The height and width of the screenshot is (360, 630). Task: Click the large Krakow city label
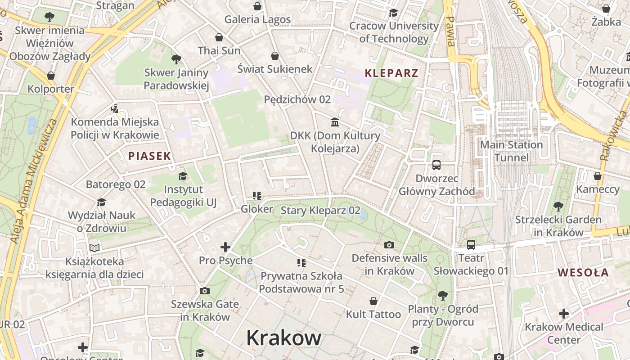click(x=283, y=338)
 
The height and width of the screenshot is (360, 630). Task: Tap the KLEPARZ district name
click(x=391, y=73)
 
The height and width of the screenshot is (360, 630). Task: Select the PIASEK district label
click(x=149, y=156)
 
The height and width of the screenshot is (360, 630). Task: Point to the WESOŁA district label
click(x=583, y=272)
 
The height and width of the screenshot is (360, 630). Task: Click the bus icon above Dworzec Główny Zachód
click(x=436, y=165)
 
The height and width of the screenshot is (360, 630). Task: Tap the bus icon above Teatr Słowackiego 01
click(x=471, y=245)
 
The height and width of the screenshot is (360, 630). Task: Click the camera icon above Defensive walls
click(x=389, y=245)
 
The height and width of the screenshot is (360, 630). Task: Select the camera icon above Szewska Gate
click(x=205, y=291)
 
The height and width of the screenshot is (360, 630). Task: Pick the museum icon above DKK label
click(x=335, y=122)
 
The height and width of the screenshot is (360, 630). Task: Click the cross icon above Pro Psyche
click(x=225, y=247)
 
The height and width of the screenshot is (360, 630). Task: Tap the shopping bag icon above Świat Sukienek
click(x=274, y=56)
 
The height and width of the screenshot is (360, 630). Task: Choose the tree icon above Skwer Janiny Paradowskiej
click(x=176, y=59)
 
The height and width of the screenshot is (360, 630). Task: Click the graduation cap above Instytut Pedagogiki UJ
click(x=183, y=176)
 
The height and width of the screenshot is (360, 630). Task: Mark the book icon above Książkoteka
click(x=94, y=248)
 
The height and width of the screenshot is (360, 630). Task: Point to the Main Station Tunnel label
click(x=511, y=151)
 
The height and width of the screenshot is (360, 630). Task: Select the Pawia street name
click(x=450, y=31)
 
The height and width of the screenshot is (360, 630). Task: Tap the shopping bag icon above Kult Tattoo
click(x=373, y=301)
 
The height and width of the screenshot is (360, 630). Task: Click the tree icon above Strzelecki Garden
click(x=558, y=207)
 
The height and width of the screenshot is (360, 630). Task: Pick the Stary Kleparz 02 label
click(x=320, y=210)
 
